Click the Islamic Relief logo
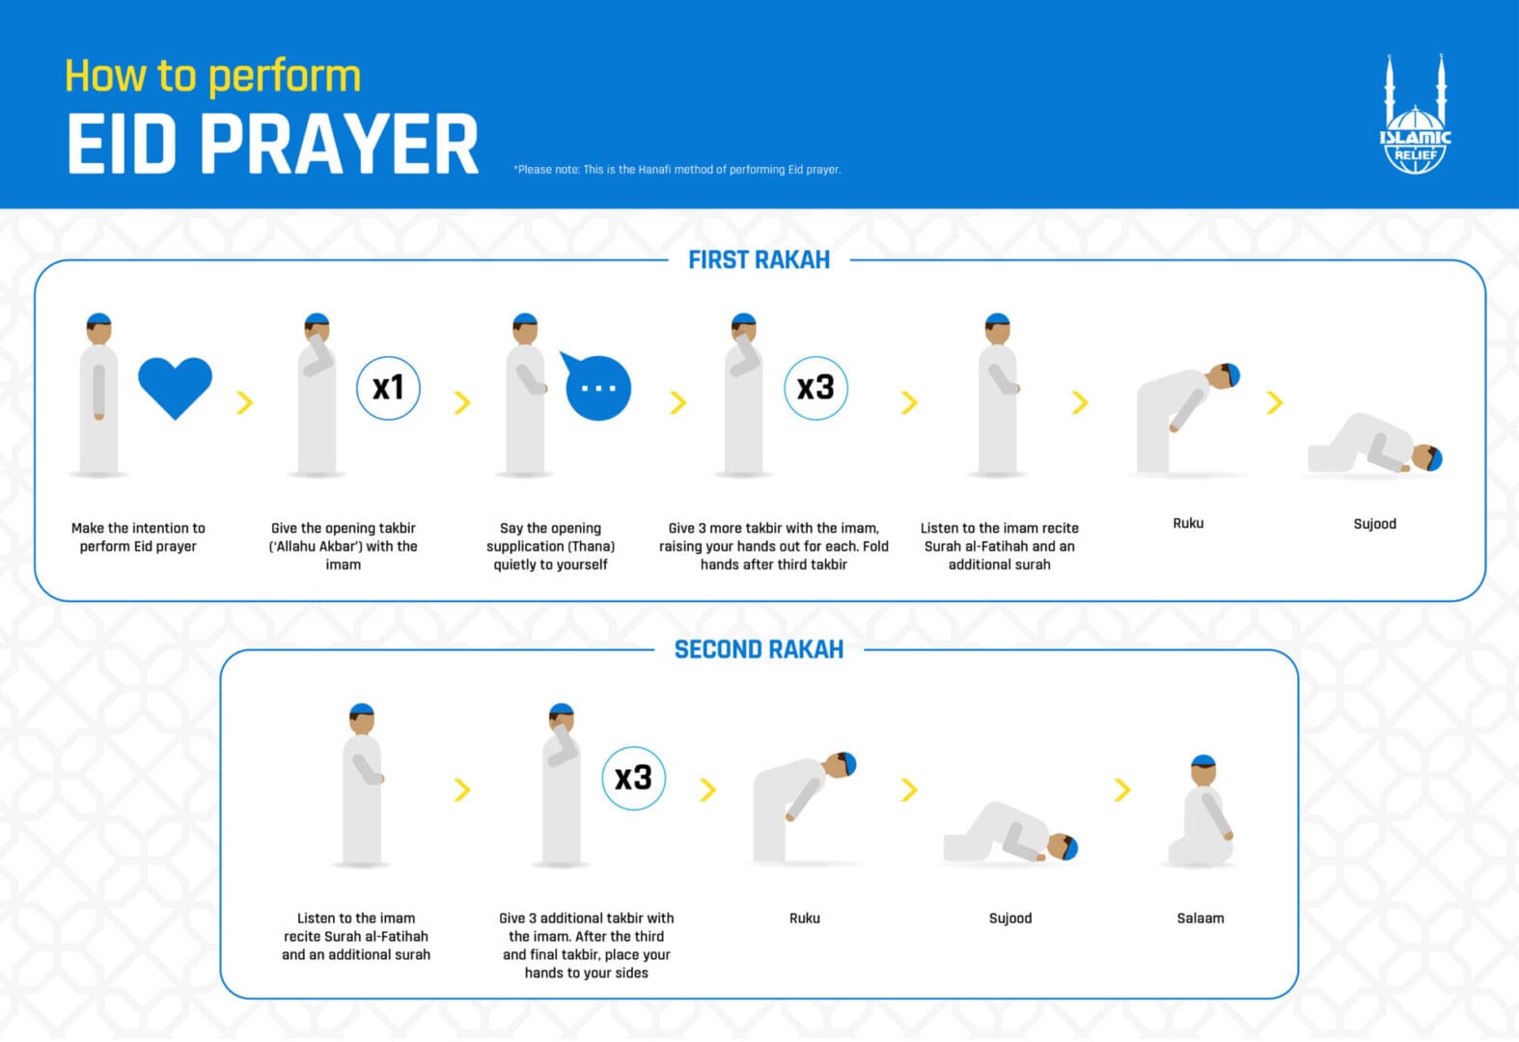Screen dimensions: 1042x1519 1415,118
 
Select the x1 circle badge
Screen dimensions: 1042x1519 388,388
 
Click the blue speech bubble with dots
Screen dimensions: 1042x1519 596,387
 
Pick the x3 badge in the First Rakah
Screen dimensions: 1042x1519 815,388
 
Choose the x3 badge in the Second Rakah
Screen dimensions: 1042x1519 633,778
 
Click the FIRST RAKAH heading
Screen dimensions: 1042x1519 759,260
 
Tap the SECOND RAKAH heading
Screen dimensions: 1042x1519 759,649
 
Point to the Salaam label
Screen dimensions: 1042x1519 1200,918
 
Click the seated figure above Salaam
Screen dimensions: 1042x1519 1201,815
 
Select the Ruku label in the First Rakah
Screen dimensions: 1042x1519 1188,523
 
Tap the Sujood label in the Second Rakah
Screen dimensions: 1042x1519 1009,918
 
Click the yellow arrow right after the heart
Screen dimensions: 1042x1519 245,402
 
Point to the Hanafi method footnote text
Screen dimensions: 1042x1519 677,170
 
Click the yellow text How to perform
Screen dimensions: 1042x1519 212,76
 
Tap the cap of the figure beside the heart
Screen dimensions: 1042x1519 98,318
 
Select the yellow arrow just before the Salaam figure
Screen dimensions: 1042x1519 1121,789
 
